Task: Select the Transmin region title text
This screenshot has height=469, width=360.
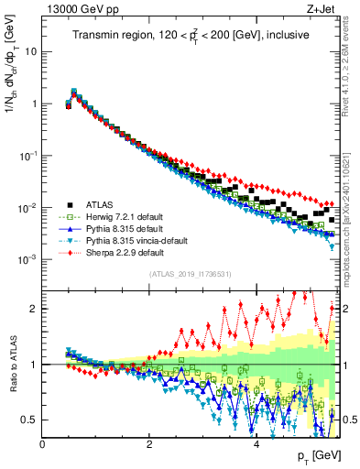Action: [x=191, y=35]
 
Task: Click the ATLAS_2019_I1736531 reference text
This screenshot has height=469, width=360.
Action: [x=191, y=274]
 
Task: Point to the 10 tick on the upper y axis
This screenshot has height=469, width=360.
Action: [x=30, y=51]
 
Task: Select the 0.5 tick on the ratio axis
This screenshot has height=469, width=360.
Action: [x=28, y=420]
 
